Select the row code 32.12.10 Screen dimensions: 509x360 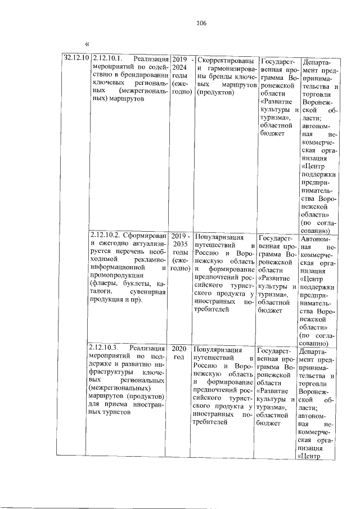[x=75, y=58]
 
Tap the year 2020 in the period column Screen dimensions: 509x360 [x=179, y=348]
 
